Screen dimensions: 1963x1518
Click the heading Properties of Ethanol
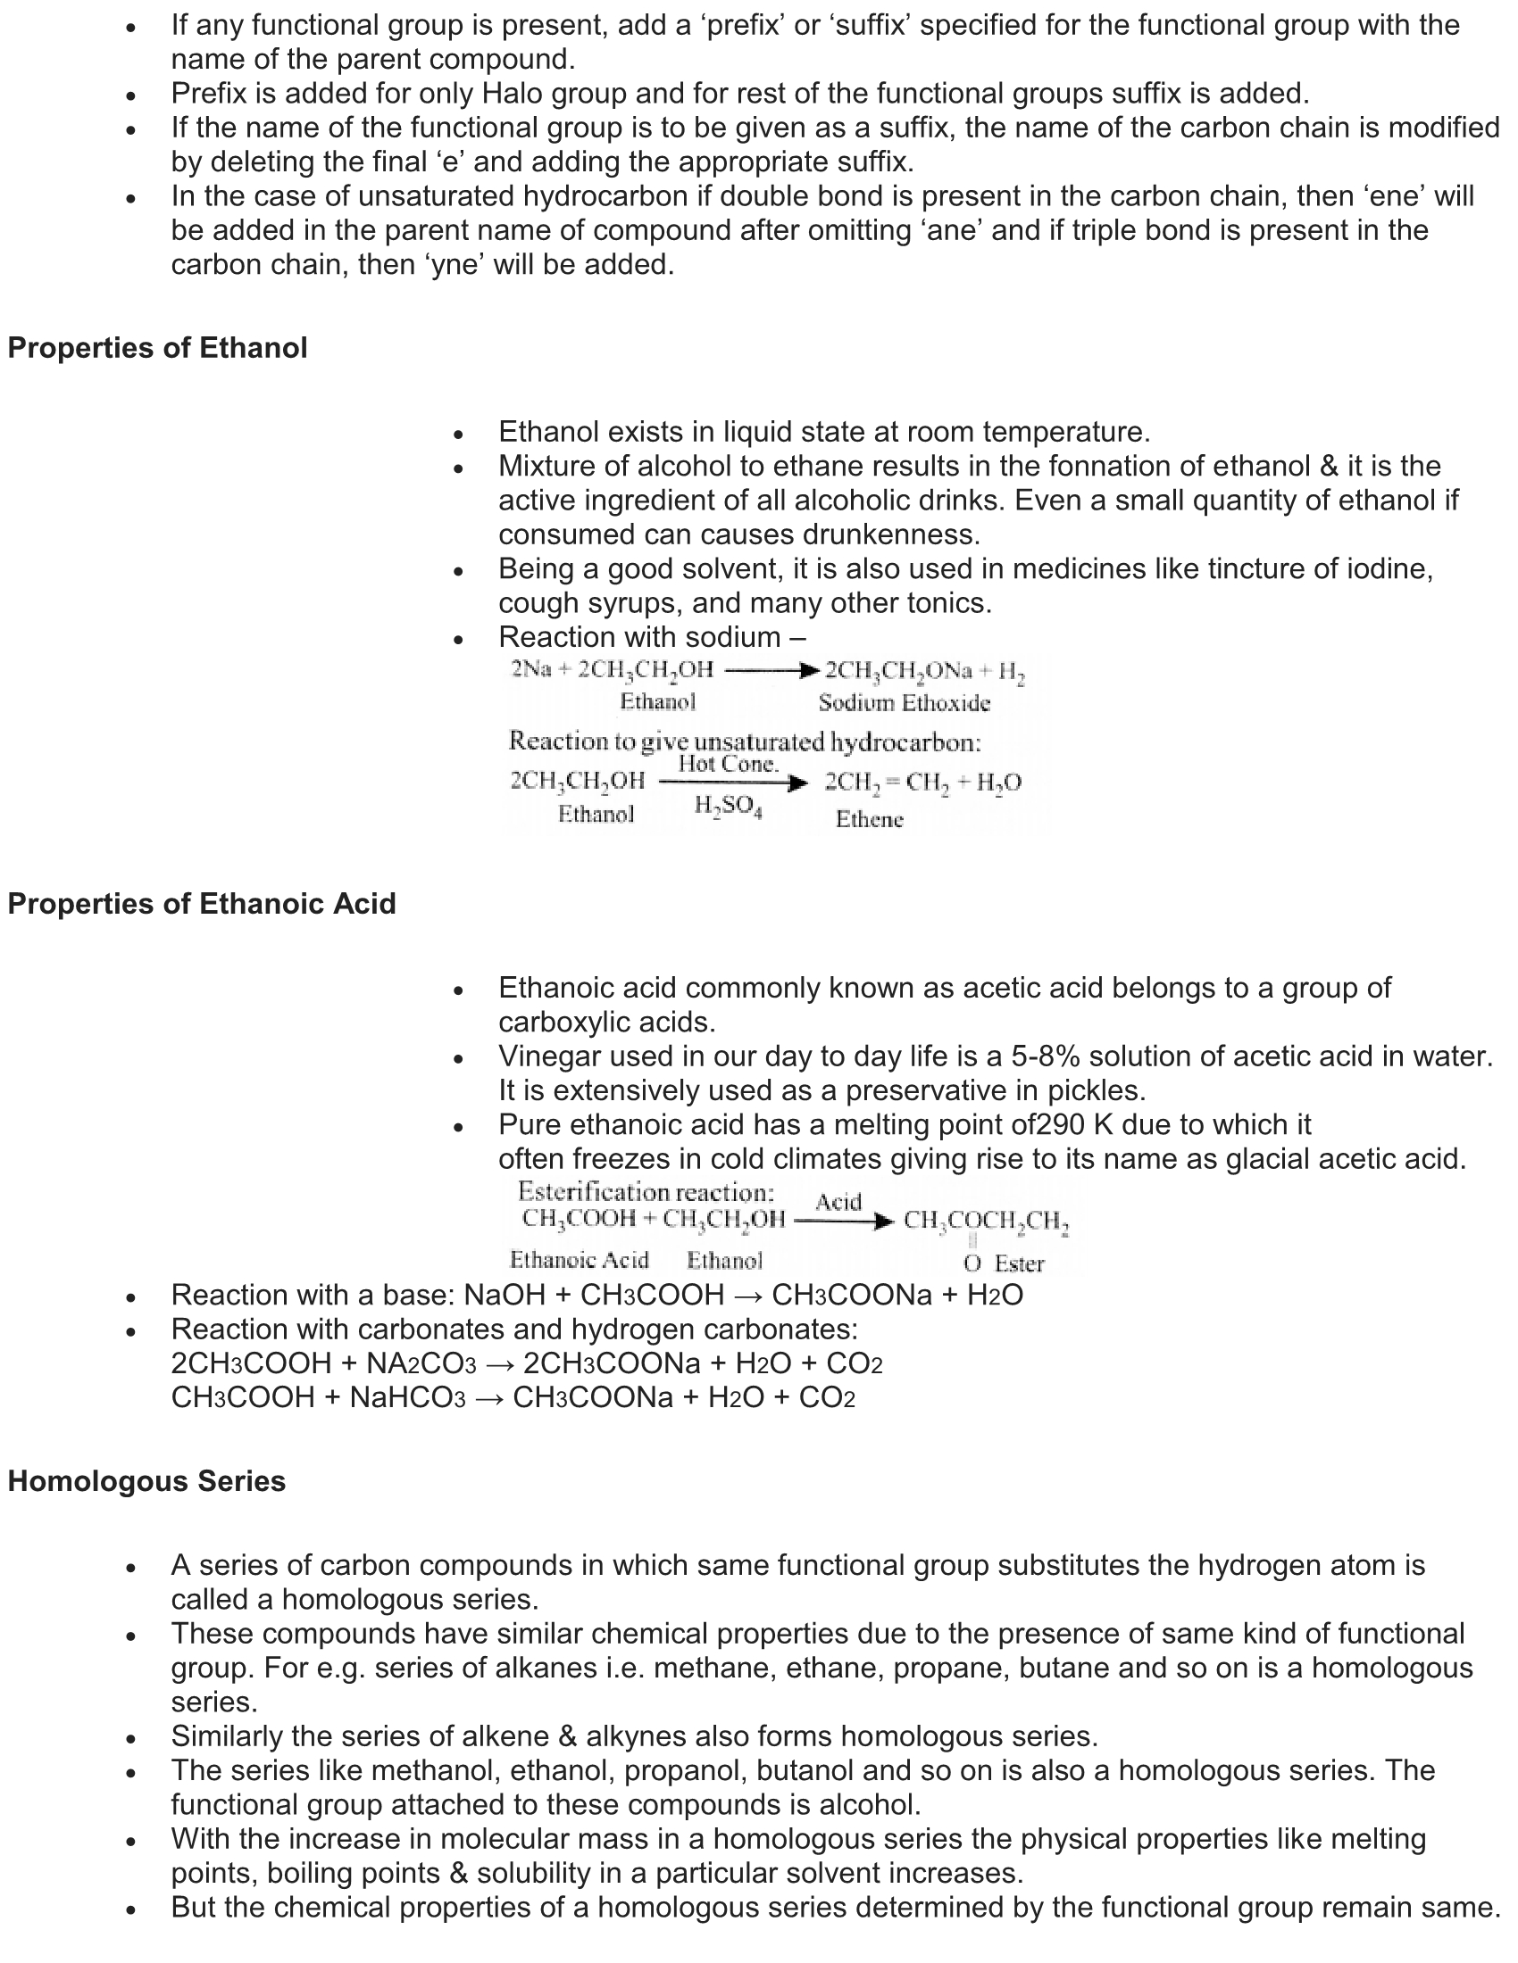[157, 348]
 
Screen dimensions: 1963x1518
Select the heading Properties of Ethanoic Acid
[202, 903]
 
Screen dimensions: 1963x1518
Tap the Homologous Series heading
[146, 1481]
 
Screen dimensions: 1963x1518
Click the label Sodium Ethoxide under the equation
[904, 703]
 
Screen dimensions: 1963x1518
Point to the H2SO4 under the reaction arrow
[728, 807]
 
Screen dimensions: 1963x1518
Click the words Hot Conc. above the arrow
[728, 764]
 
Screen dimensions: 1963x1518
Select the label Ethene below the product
[869, 819]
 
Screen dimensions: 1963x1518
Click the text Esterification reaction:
[646, 1192]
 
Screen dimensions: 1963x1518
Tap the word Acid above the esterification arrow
[838, 1202]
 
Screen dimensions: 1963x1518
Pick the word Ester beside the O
[1019, 1263]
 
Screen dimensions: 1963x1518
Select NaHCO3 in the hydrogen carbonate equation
[407, 1397]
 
